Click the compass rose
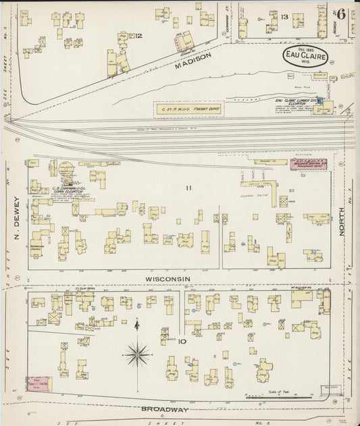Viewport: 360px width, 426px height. tap(137, 352)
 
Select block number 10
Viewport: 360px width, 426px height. tap(182, 342)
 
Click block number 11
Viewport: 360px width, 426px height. tap(190, 187)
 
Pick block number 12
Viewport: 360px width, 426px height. tap(139, 35)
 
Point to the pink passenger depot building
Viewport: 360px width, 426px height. tap(309, 163)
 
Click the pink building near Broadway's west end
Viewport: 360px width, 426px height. tap(39, 383)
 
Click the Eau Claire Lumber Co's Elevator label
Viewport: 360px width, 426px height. tap(295, 103)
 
